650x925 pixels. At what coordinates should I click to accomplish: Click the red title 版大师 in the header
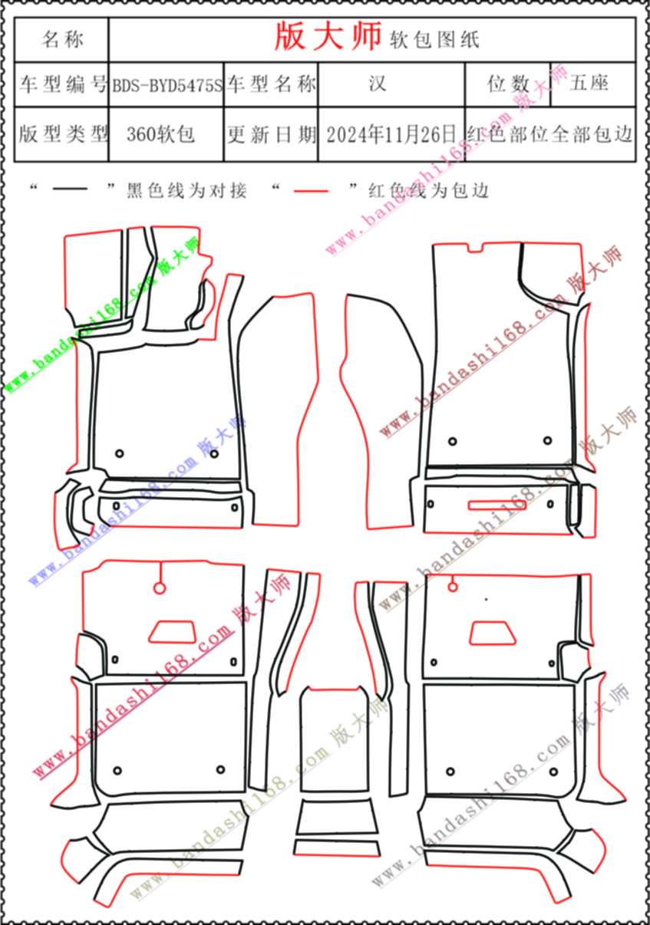(328, 36)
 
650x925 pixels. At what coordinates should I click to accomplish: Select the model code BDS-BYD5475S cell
(167, 85)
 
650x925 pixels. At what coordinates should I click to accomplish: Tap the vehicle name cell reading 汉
(391, 84)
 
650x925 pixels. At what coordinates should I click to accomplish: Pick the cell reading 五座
(593, 84)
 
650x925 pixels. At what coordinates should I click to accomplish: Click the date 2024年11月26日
(391, 134)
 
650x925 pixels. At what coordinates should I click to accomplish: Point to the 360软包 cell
(167, 134)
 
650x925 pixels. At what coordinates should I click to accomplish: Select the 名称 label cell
(62, 40)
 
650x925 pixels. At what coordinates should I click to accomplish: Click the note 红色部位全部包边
(550, 134)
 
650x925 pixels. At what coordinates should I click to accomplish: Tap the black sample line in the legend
(71, 189)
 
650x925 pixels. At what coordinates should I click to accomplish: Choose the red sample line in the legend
(311, 191)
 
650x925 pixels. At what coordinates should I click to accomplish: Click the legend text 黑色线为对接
(186, 190)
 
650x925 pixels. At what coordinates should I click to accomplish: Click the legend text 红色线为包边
(429, 190)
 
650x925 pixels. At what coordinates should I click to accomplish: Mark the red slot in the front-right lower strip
(497, 505)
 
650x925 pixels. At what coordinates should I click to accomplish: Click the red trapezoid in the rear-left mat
(172, 632)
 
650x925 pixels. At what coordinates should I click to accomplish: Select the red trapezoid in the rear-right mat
(493, 633)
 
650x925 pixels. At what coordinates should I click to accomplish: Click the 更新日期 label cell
(271, 134)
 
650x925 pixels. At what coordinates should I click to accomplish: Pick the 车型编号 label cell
(62, 84)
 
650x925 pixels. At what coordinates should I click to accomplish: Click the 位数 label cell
(508, 84)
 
